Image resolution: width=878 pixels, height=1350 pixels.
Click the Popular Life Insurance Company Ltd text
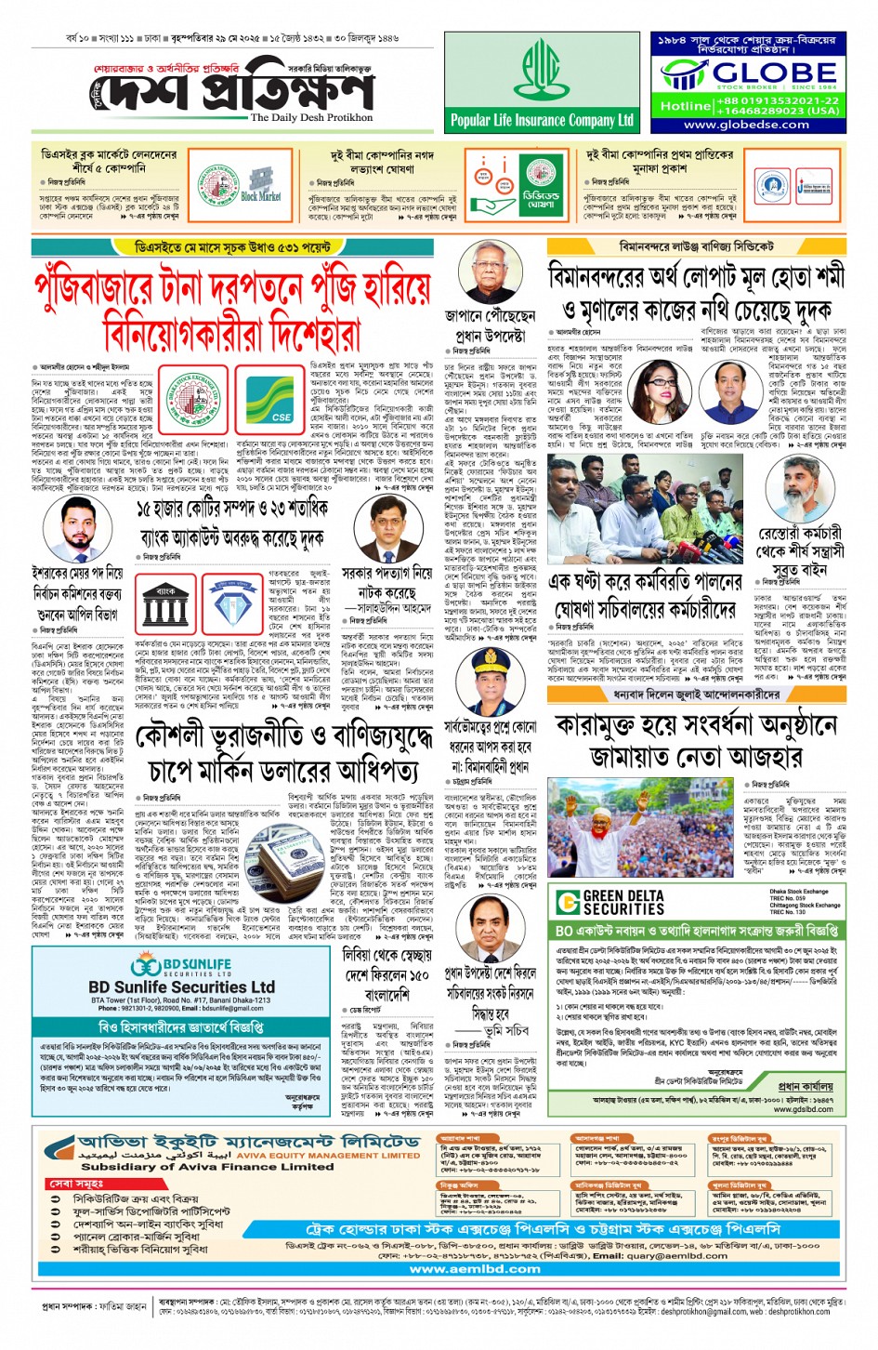[x=542, y=120]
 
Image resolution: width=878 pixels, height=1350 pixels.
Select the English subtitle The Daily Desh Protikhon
[x=311, y=118]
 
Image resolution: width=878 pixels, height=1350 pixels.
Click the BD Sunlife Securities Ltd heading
[x=181, y=986]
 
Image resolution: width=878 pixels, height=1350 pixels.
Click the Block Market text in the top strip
[x=260, y=196]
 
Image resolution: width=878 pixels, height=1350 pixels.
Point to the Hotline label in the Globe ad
[x=685, y=106]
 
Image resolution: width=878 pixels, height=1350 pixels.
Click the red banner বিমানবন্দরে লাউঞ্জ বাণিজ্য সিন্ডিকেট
[x=696, y=246]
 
